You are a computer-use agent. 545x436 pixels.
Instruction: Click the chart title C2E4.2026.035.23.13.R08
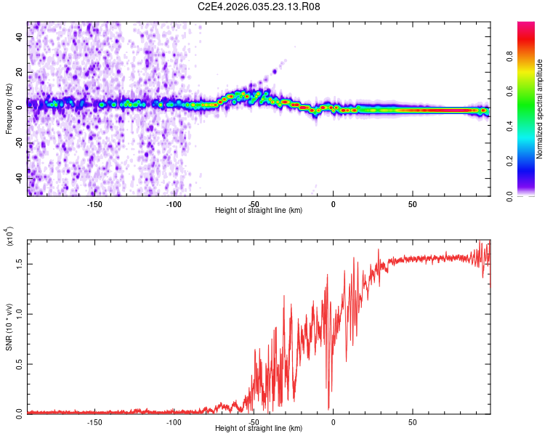(x=259, y=7)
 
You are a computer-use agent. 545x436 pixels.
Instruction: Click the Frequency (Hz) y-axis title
(x=9, y=109)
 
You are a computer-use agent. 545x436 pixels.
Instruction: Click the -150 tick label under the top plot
(x=94, y=204)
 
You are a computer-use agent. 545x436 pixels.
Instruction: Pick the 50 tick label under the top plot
(x=412, y=204)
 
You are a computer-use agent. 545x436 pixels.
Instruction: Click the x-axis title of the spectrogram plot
(x=259, y=211)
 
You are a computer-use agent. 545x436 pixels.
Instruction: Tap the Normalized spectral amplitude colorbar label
(x=540, y=109)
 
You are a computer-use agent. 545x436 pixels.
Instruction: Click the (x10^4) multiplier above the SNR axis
(x=9, y=237)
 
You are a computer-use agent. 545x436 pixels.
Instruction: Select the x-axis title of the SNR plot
(x=259, y=429)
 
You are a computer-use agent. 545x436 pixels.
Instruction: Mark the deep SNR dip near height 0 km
(x=328, y=408)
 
